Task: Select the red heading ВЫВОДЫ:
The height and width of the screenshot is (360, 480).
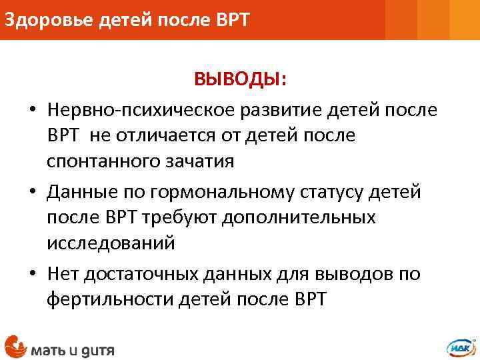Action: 241,80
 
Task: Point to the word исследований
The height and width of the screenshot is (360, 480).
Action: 111,244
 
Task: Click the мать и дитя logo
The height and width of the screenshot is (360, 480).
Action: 60,347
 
